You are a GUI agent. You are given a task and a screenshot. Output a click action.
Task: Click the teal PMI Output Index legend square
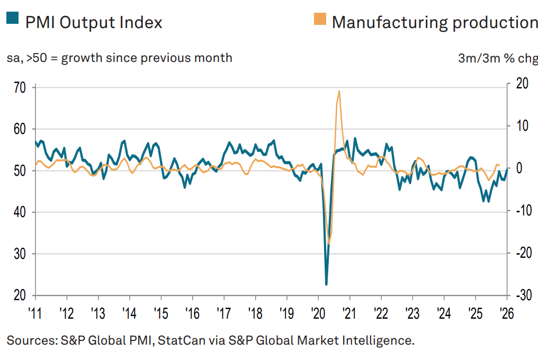click(x=12, y=20)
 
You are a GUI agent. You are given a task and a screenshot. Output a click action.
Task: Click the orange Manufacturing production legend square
click(x=320, y=20)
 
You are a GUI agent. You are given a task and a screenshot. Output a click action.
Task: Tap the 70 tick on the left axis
click(x=21, y=87)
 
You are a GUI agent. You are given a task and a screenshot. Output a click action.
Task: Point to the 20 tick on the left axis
click(x=21, y=295)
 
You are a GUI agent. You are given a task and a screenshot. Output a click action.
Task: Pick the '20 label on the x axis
click(x=318, y=312)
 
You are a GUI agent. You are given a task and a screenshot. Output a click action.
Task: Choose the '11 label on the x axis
click(x=35, y=312)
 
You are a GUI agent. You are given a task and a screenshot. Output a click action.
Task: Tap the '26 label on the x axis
click(x=507, y=312)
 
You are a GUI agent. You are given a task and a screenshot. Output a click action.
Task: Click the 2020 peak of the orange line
click(x=339, y=91)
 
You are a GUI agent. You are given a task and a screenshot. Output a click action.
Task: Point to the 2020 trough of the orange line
click(x=329, y=244)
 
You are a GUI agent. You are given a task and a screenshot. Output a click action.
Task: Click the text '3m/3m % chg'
click(x=497, y=58)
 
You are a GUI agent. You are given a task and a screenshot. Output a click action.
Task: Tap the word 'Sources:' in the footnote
click(x=29, y=339)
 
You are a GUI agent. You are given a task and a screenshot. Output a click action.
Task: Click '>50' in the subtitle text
click(x=44, y=58)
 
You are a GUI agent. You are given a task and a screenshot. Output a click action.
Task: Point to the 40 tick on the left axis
click(x=21, y=212)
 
